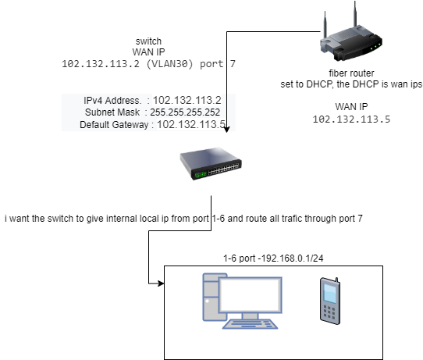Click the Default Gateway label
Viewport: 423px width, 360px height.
point(113,124)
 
